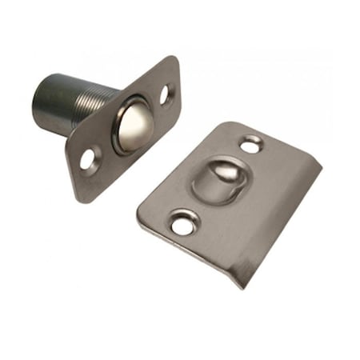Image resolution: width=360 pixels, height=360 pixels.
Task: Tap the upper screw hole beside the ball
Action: [166, 94]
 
